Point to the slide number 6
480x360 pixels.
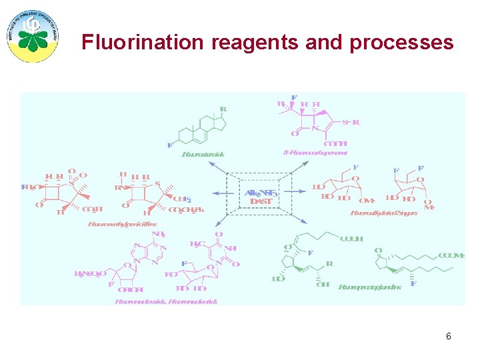coord(449,337)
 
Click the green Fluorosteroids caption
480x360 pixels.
coord(203,154)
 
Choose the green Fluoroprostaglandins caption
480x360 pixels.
coord(369,287)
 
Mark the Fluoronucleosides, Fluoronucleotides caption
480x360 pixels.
coord(166,301)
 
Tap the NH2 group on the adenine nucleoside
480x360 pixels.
coord(159,235)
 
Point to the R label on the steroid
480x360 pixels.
coord(223,109)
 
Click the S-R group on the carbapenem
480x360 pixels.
coord(351,122)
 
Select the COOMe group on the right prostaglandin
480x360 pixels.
coord(451,255)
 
